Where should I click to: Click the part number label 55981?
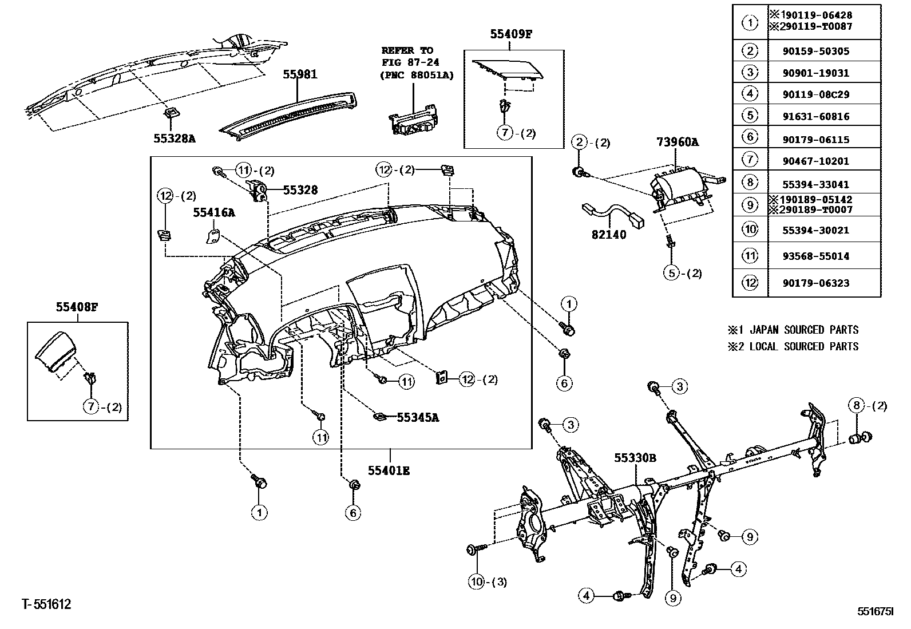[300, 74]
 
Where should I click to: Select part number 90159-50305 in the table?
[824, 51]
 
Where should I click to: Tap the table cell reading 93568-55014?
[824, 256]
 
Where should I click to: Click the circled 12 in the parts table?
[750, 283]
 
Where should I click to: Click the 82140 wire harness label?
[608, 235]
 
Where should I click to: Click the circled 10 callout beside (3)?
[477, 582]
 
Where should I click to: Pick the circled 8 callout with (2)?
[856, 406]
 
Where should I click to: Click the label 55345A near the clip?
[418, 417]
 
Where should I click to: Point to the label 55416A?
[214, 213]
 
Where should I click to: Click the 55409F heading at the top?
[511, 34]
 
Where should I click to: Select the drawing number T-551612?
[46, 604]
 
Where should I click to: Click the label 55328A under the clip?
[174, 138]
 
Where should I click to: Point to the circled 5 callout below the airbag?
[672, 273]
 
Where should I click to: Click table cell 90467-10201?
[824, 161]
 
